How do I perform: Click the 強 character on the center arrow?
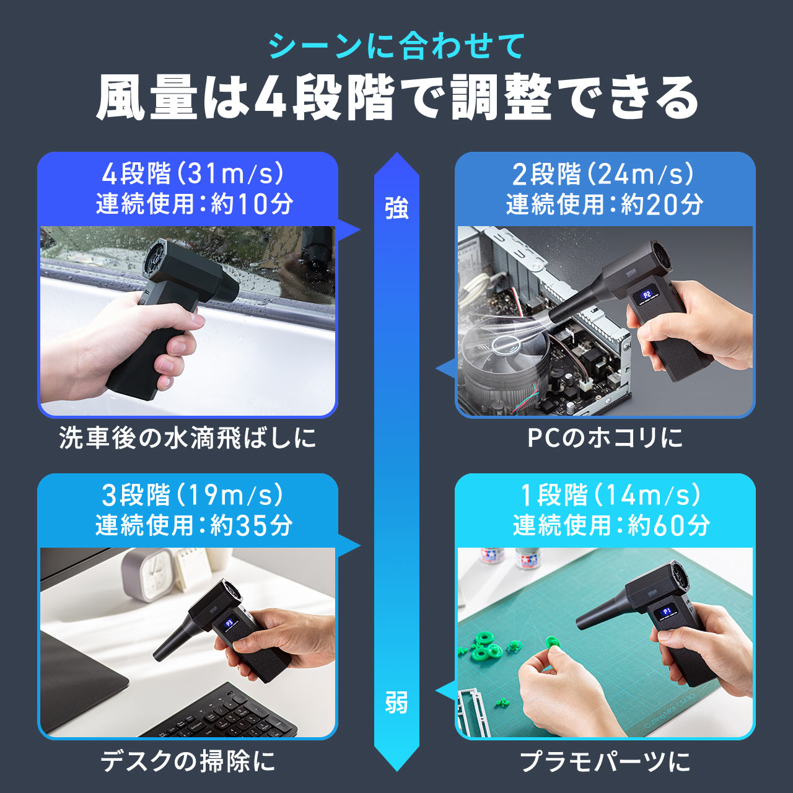[x=396, y=208]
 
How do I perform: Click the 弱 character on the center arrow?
[x=396, y=703]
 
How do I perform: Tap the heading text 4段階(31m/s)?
[x=193, y=174]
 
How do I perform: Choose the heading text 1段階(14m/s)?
[x=610, y=495]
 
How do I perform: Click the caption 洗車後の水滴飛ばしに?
[x=188, y=438]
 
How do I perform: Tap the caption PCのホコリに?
[x=605, y=438]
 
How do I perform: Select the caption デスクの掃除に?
[x=188, y=761]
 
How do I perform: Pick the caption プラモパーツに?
[x=605, y=761]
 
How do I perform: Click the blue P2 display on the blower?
[x=647, y=296]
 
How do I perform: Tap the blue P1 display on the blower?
[x=667, y=612]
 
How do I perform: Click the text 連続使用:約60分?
[x=611, y=525]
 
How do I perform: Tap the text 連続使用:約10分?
[x=194, y=204]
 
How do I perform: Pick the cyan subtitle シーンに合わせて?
[x=396, y=46]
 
